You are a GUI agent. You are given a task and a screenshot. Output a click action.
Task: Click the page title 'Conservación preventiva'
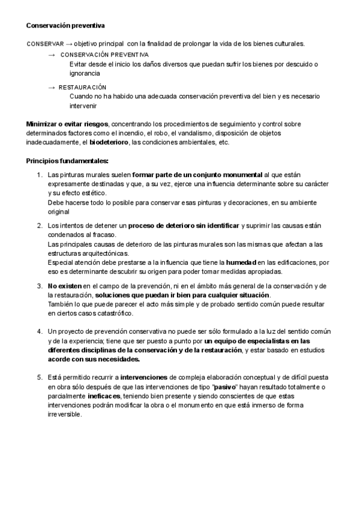click(65, 26)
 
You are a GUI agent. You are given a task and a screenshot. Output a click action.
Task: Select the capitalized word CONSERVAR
click(44, 44)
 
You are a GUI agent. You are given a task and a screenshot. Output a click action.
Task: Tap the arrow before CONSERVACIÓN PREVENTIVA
click(52, 55)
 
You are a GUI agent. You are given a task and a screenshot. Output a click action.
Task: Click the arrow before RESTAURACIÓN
click(52, 88)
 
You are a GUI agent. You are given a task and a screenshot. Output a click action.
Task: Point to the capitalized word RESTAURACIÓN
click(82, 88)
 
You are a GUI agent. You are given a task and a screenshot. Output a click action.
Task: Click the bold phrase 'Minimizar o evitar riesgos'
click(68, 124)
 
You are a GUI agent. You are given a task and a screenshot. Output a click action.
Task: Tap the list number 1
click(40, 175)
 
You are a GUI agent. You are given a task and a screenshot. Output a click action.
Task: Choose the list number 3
click(40, 286)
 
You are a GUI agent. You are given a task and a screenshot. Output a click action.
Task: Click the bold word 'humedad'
click(241, 262)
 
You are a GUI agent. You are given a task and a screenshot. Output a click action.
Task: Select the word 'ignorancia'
click(85, 73)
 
